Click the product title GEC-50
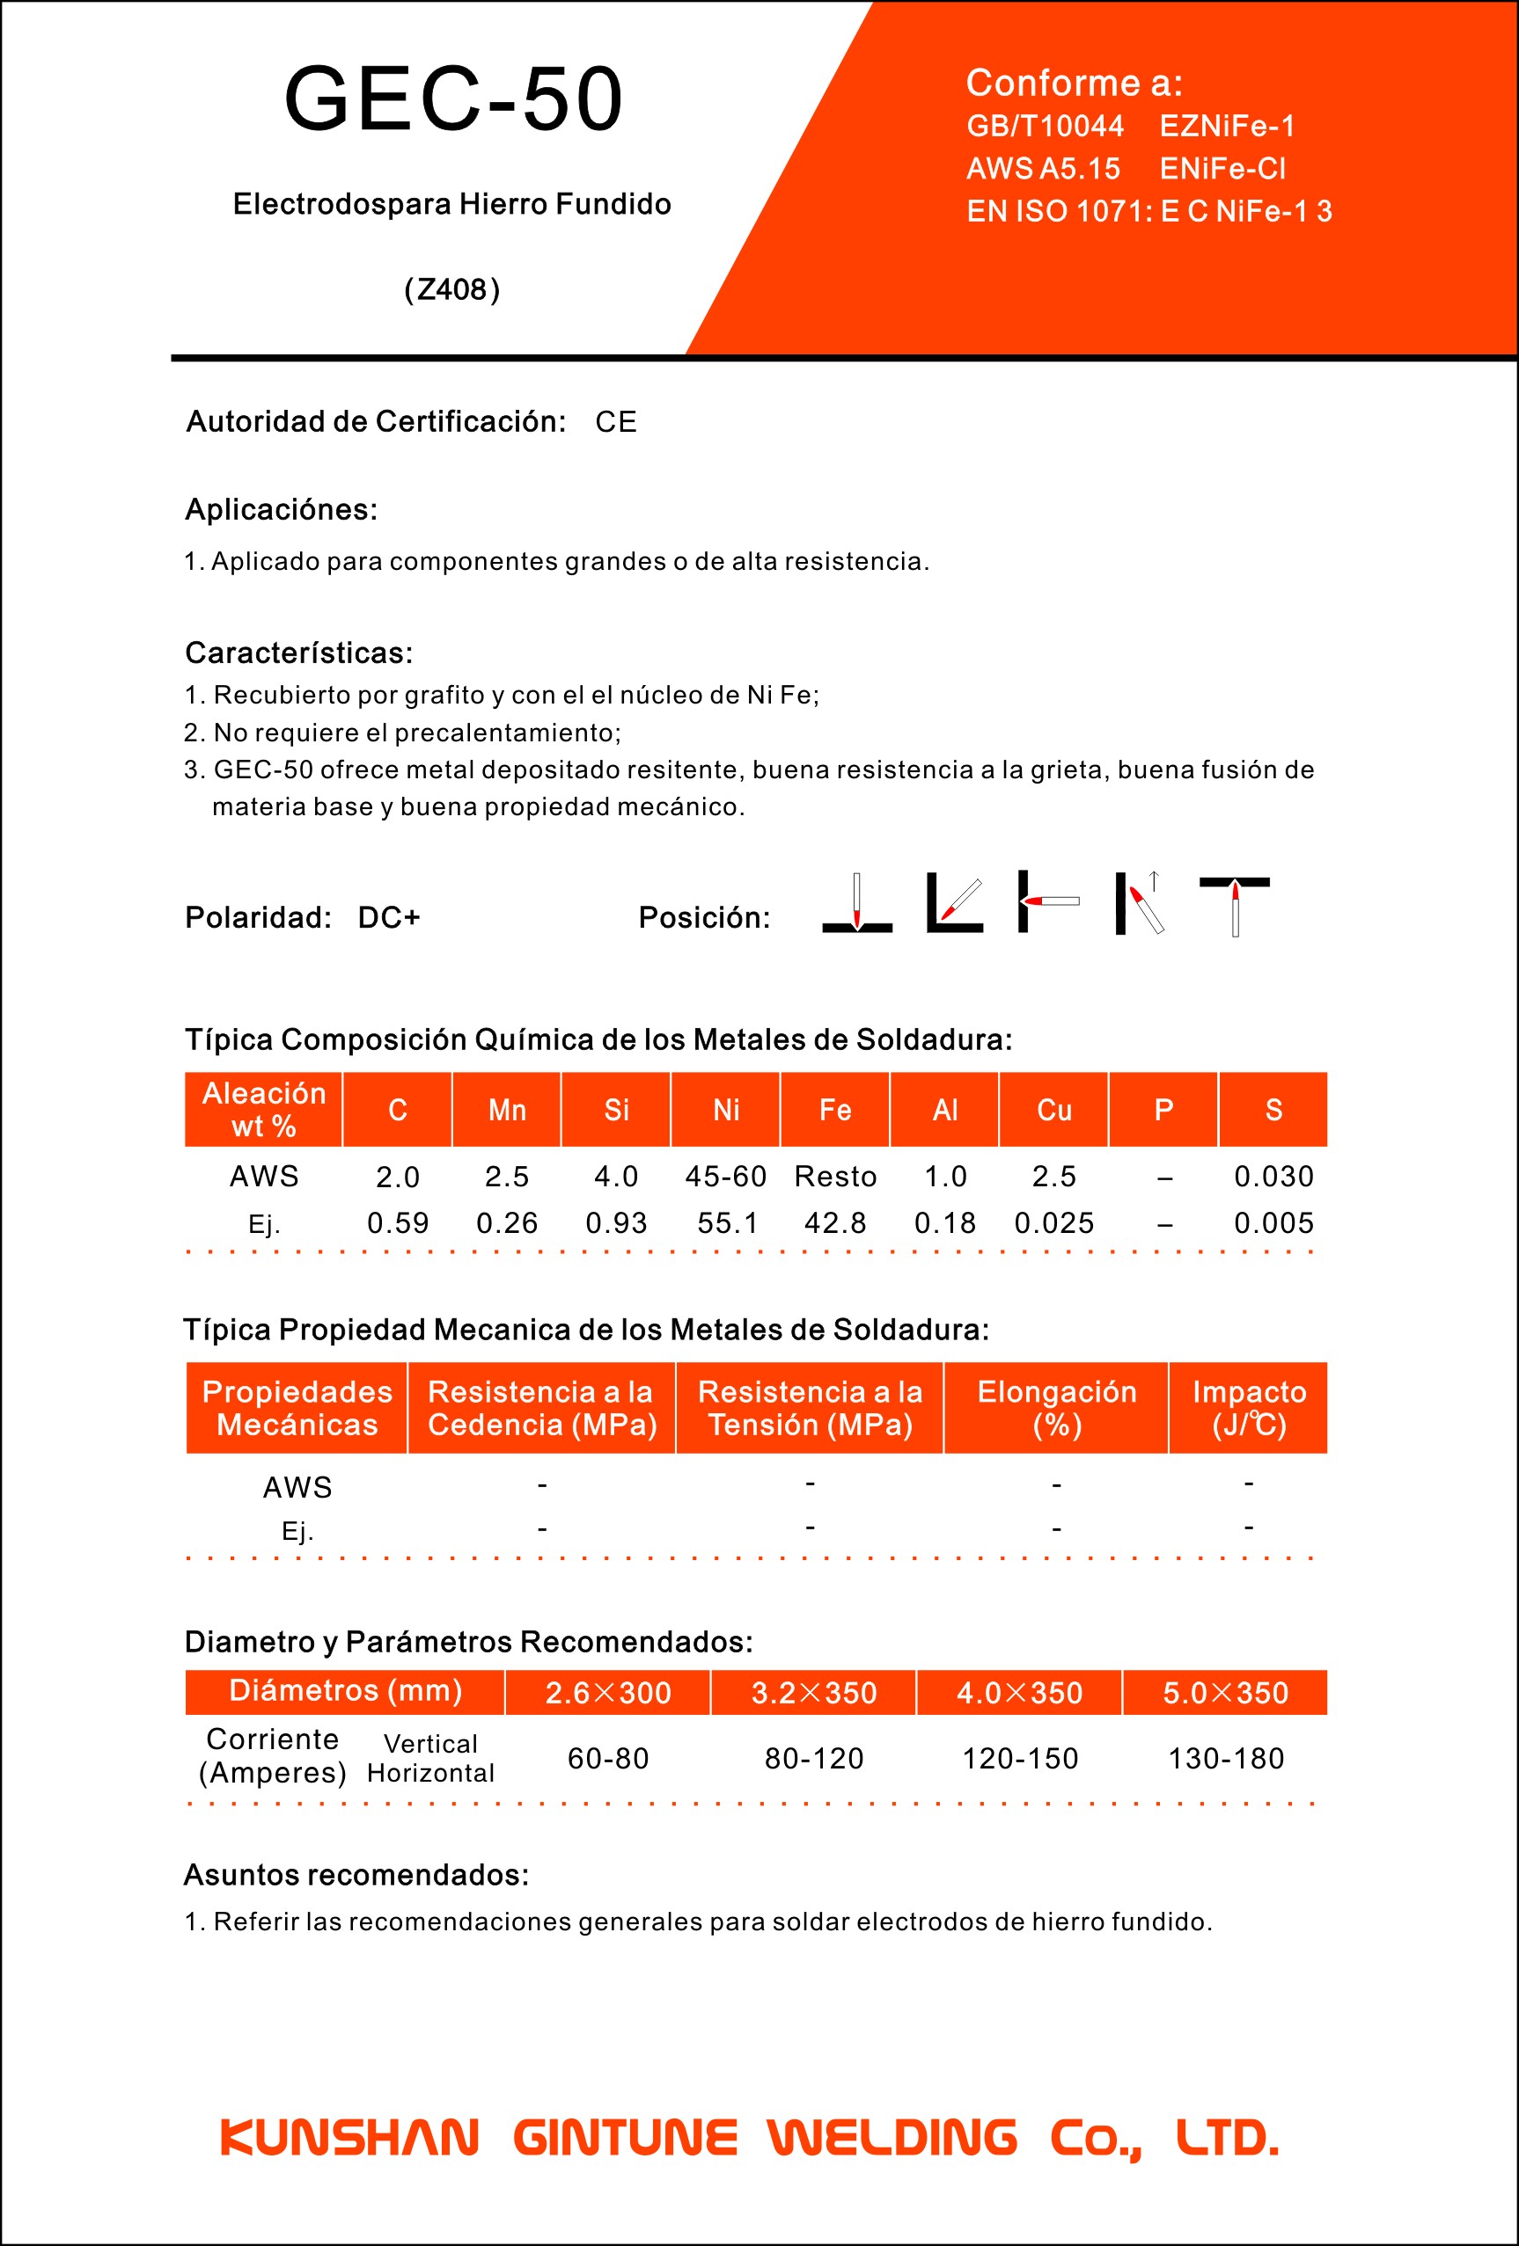pyautogui.click(x=452, y=99)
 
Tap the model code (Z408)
pyautogui.click(x=451, y=289)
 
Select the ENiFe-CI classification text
pyautogui.click(x=1222, y=169)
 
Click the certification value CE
pyautogui.click(x=616, y=422)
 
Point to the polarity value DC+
pyautogui.click(x=389, y=917)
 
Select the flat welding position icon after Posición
pyautogui.click(x=856, y=904)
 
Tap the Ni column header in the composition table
pyautogui.click(x=726, y=1110)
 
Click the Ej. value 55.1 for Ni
pyautogui.click(x=727, y=1223)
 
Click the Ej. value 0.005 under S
pyautogui.click(x=1273, y=1223)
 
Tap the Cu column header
pyautogui.click(x=1054, y=1110)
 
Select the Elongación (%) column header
pyautogui.click(x=1056, y=1408)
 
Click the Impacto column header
pyautogui.click(x=1248, y=1408)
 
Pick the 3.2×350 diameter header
pyautogui.click(x=814, y=1693)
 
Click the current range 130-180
pyautogui.click(x=1226, y=1759)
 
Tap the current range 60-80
pyautogui.click(x=608, y=1759)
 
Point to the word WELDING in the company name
pyautogui.click(x=892, y=2138)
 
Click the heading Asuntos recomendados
pyautogui.click(x=356, y=1875)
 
